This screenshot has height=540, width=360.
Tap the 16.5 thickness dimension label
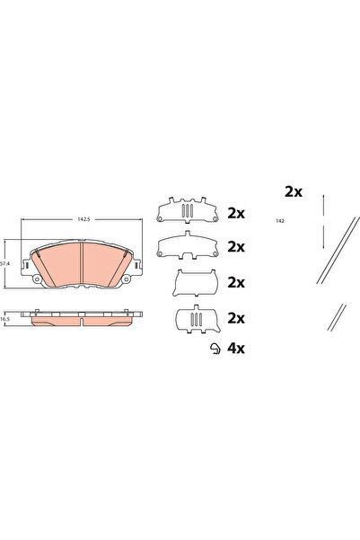point(7,319)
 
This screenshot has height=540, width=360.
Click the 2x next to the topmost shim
point(237,214)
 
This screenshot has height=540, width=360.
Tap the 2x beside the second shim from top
point(237,246)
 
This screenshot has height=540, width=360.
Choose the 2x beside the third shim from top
point(237,282)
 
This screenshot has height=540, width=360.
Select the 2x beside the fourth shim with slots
point(237,319)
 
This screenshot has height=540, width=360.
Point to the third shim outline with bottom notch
point(194,281)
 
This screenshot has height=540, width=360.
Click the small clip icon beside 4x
point(214,350)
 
